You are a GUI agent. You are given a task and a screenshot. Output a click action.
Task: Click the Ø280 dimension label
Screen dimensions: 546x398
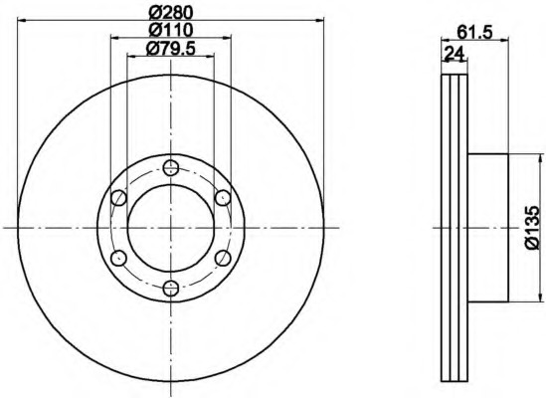pos(171,13)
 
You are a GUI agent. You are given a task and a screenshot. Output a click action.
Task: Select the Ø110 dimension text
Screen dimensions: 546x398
pos(171,30)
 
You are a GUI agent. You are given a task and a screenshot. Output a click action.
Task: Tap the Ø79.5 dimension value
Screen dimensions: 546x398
pos(171,49)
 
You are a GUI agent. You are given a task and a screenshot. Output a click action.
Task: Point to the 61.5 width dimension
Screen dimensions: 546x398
pos(474,33)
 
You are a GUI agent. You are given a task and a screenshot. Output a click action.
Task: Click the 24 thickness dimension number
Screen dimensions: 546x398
pos(455,54)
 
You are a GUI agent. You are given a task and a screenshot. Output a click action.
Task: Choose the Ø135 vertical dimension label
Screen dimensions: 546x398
pos(534,228)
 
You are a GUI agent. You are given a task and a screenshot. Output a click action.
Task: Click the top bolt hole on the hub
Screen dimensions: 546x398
pos(171,168)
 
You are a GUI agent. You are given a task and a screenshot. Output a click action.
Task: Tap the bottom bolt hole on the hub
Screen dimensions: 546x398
pos(171,288)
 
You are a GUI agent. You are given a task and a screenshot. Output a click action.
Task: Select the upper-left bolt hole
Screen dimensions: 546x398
pos(118,198)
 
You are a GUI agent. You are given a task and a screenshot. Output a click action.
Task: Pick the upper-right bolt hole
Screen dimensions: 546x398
pos(223,198)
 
